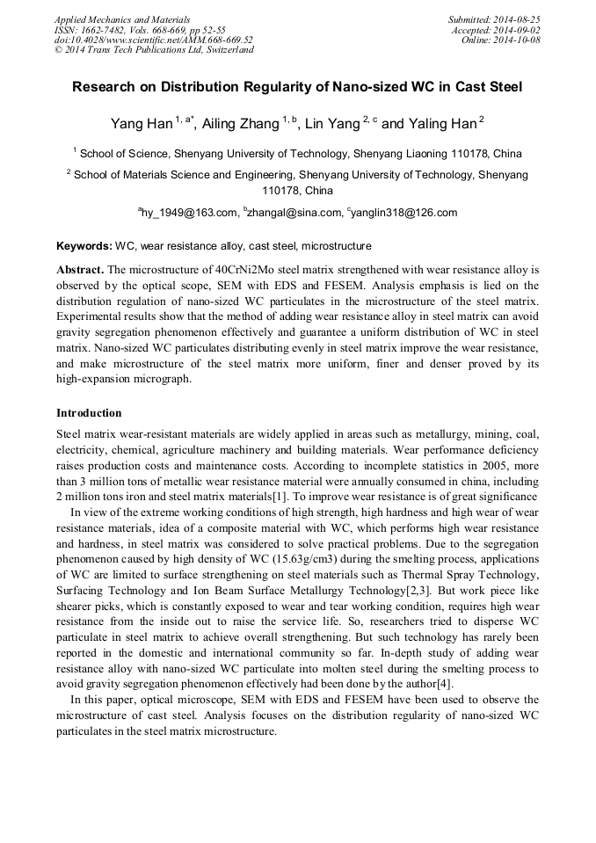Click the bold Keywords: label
coord(84,246)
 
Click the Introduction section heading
coord(89,413)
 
